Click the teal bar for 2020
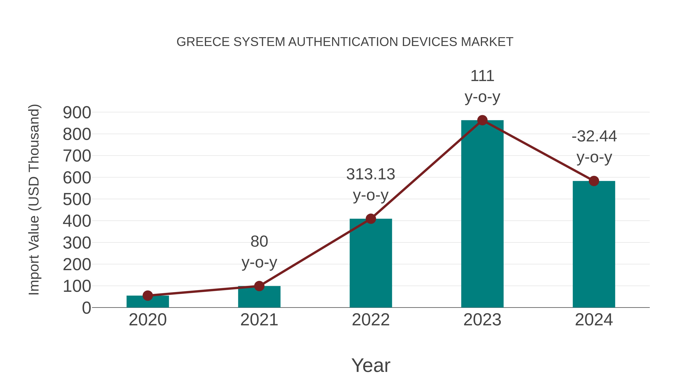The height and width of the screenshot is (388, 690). point(148,302)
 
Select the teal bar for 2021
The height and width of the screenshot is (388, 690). point(259,297)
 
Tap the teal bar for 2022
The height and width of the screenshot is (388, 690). point(371,264)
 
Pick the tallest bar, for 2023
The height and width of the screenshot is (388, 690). point(482,214)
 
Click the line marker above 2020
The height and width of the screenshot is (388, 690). point(148,296)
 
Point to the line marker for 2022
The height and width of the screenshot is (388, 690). point(371,219)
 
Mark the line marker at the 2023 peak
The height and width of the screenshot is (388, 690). point(482,120)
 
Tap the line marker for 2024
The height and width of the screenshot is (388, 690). point(594,181)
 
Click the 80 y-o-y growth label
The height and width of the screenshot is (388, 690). point(259,252)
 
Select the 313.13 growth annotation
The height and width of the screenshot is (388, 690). point(371,185)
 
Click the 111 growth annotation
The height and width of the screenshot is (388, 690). point(482,86)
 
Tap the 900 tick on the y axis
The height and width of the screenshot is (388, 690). point(77,112)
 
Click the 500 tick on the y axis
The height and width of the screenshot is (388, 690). point(77,199)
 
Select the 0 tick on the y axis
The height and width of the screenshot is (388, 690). point(86,308)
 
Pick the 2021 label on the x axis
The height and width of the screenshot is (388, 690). point(259,320)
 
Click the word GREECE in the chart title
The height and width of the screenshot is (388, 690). point(203,42)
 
